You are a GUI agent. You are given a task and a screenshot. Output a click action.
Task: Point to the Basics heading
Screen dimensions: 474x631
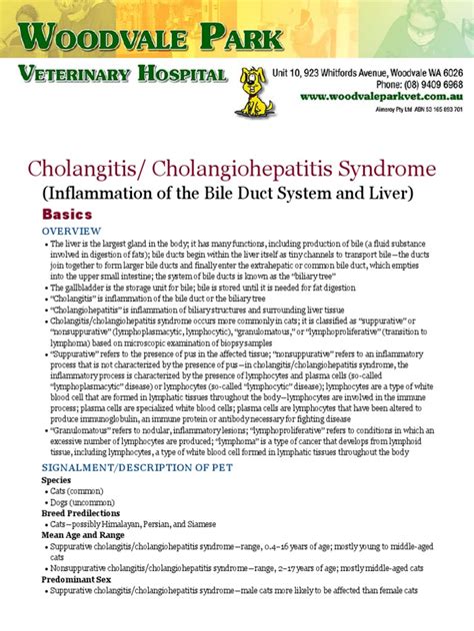pos(66,215)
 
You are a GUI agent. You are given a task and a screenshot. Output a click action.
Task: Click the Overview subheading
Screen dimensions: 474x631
pos(69,230)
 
